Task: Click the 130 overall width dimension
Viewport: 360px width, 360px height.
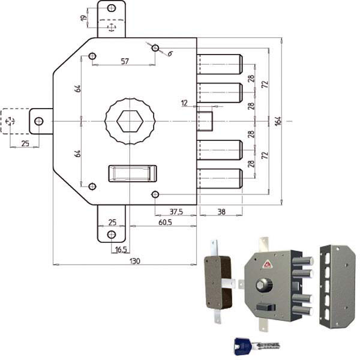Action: click(135, 261)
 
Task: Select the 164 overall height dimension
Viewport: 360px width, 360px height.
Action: click(278, 121)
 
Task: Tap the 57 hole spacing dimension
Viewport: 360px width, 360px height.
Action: click(125, 61)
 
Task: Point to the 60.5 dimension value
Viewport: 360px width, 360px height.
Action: click(165, 222)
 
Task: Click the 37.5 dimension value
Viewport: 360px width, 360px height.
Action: click(176, 212)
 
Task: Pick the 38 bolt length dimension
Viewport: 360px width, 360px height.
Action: click(221, 212)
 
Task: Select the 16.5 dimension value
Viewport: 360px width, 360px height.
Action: click(121, 250)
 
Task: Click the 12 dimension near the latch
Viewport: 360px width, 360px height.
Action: click(184, 103)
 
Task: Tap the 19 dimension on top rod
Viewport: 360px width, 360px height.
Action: click(84, 18)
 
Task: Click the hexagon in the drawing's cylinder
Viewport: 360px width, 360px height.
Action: click(130, 121)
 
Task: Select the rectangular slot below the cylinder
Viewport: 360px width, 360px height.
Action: click(133, 173)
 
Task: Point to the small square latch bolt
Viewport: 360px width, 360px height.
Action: click(205, 121)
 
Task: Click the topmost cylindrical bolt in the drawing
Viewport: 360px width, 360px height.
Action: click(220, 64)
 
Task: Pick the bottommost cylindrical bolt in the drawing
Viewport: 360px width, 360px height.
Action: click(220, 179)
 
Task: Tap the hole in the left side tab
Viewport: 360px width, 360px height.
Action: click(39, 121)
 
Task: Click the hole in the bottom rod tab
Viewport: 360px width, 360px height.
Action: click(112, 235)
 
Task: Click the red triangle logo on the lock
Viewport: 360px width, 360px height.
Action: click(266, 264)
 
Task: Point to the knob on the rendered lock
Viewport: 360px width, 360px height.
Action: click(265, 285)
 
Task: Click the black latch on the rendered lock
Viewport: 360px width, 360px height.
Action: click(266, 307)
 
